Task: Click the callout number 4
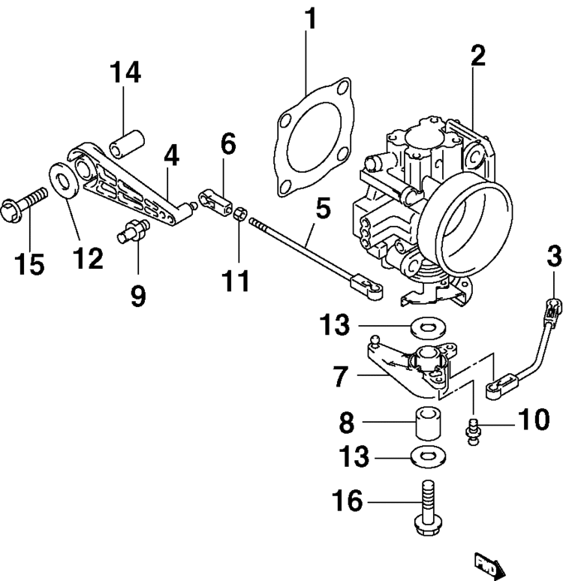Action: (171, 156)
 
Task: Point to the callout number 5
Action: (322, 209)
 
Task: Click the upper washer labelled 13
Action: (430, 327)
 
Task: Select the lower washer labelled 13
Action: (429, 456)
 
